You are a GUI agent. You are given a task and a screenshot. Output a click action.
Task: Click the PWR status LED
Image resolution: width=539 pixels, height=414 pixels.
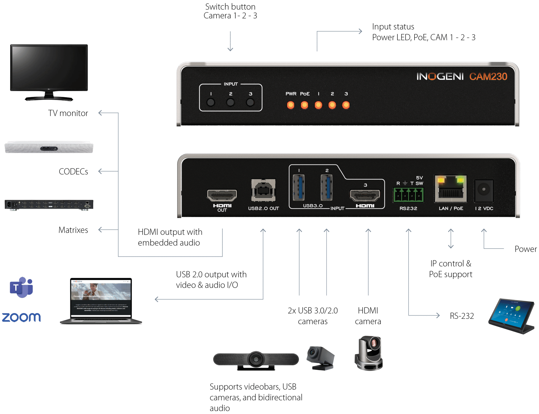(291, 105)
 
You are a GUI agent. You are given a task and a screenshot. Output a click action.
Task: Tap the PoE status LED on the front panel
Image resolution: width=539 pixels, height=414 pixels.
(305, 105)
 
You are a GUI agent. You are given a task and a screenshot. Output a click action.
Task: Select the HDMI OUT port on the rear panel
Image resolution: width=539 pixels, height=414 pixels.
(222, 195)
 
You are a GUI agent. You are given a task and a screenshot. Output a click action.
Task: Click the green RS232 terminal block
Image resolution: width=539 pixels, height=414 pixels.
(408, 195)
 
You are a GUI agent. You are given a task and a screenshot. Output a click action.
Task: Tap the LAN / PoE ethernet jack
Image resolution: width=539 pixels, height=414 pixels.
(451, 189)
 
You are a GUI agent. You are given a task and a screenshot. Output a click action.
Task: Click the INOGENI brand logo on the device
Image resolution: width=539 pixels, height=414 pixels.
(440, 77)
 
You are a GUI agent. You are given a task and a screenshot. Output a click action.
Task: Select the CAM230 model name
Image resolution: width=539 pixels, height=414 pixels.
(488, 77)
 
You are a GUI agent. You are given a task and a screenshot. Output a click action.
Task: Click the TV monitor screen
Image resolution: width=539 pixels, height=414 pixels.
(49, 67)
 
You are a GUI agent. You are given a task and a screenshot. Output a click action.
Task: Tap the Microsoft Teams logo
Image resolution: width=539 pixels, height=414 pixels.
(21, 287)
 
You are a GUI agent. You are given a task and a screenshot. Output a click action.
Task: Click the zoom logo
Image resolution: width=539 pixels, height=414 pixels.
(21, 317)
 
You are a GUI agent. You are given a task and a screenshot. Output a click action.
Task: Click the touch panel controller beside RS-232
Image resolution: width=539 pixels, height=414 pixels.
(511, 315)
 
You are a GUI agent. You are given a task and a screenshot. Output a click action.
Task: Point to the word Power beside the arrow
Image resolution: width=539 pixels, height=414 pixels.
(526, 249)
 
